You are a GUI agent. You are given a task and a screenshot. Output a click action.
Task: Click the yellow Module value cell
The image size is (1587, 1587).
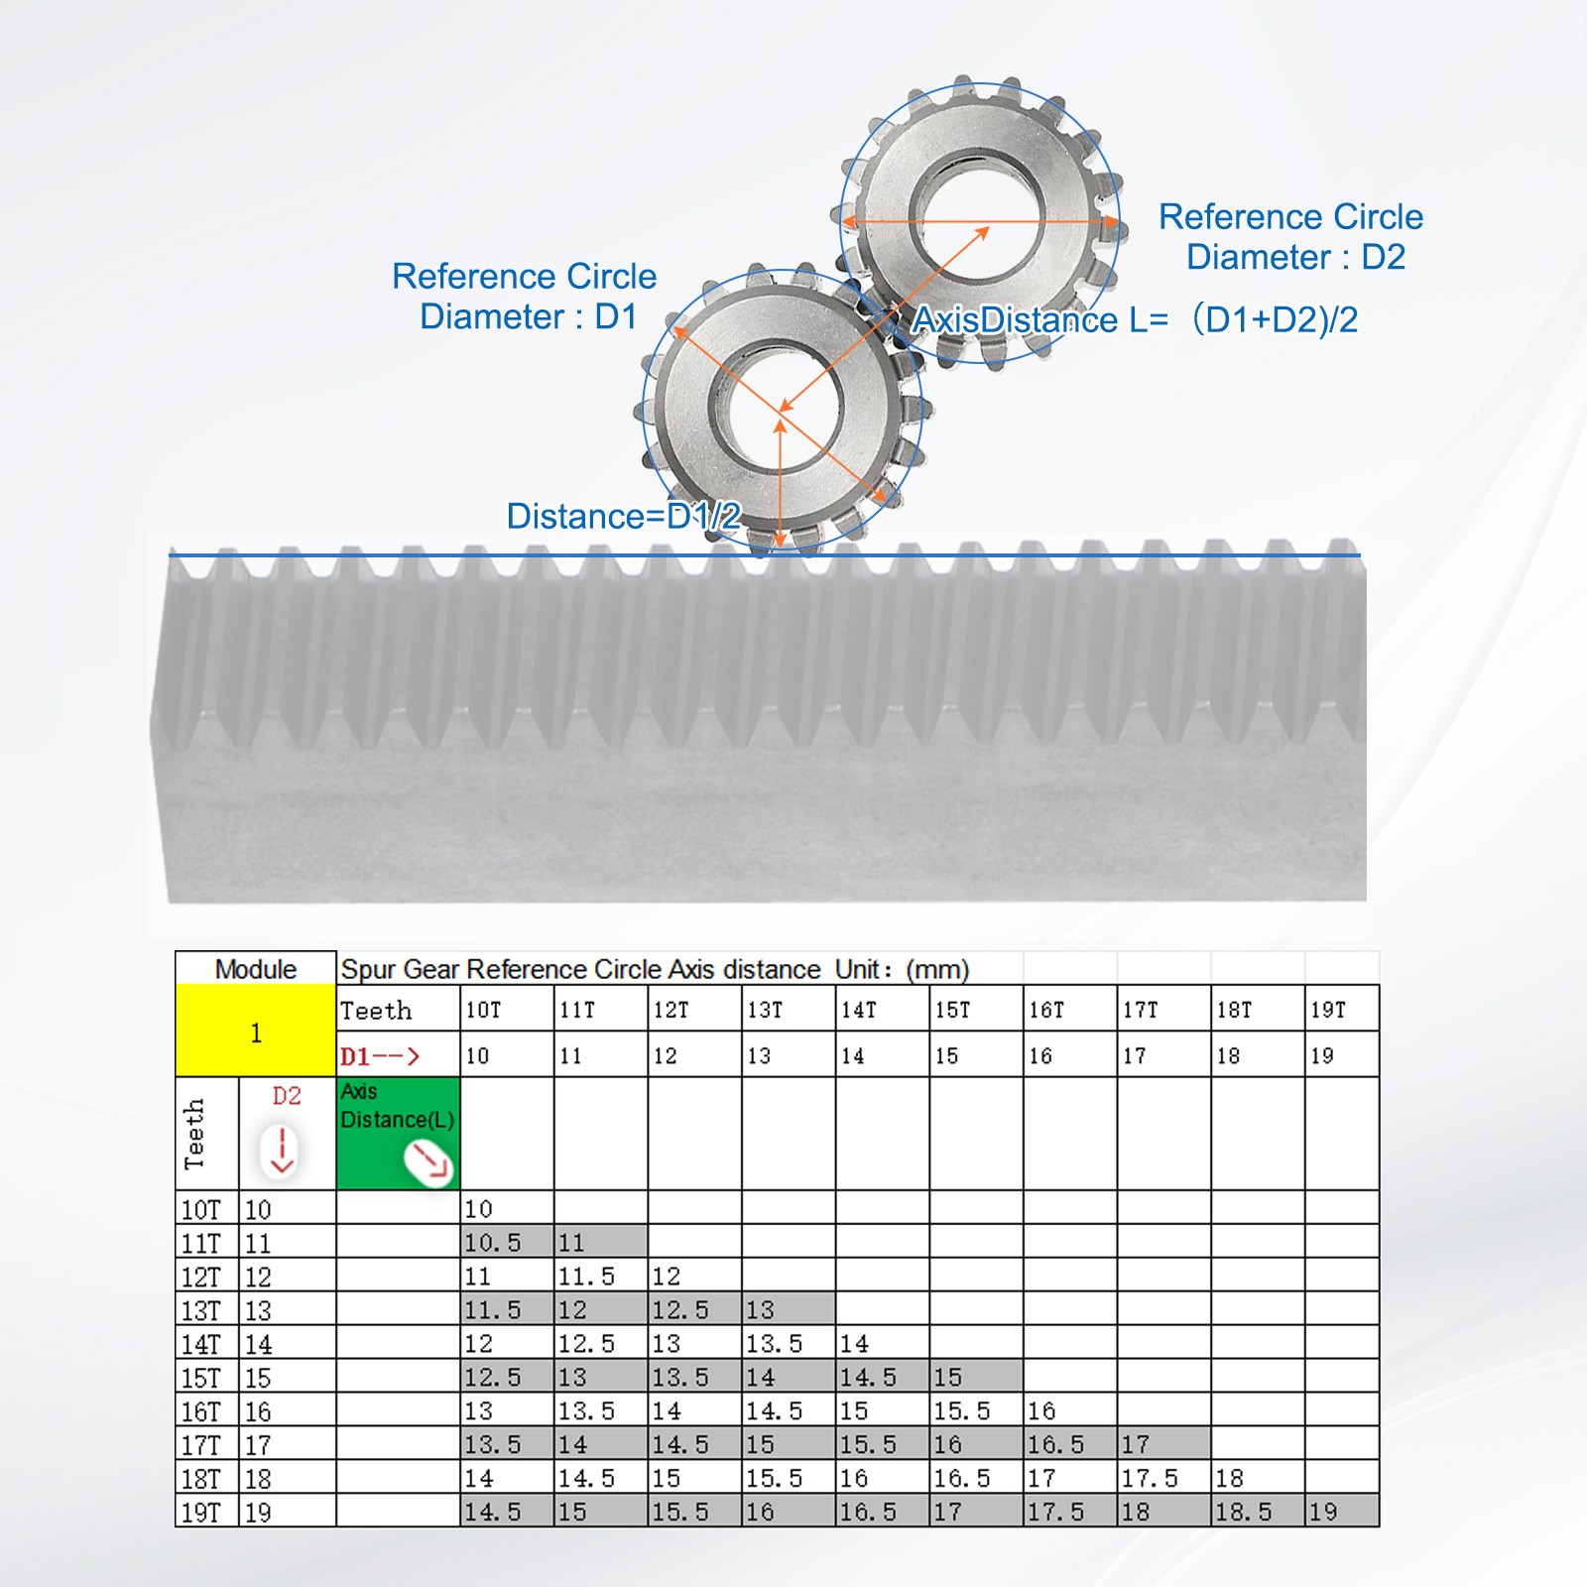pyautogui.click(x=256, y=1031)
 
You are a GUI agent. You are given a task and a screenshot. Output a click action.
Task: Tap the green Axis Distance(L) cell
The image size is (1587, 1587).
pyautogui.click(x=398, y=1133)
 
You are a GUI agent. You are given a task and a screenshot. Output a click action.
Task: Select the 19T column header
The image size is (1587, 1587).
pyautogui.click(x=1328, y=1010)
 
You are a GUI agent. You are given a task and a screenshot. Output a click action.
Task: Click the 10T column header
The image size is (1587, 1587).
pyautogui.click(x=483, y=1010)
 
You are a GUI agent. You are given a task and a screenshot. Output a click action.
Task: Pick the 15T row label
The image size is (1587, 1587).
pyautogui.click(x=201, y=1378)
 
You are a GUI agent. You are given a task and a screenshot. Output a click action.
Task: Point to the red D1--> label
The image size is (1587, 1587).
pyautogui.click(x=380, y=1056)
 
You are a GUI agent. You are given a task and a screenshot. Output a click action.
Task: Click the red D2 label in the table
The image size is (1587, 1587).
pyautogui.click(x=287, y=1096)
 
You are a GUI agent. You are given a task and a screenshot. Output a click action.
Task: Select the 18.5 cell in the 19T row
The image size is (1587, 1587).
pyautogui.click(x=1243, y=1512)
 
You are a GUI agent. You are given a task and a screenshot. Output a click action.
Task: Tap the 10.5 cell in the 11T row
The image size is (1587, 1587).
pyautogui.click(x=493, y=1242)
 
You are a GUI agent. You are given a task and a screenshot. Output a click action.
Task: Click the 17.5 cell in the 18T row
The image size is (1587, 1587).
pyautogui.click(x=1150, y=1478)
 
